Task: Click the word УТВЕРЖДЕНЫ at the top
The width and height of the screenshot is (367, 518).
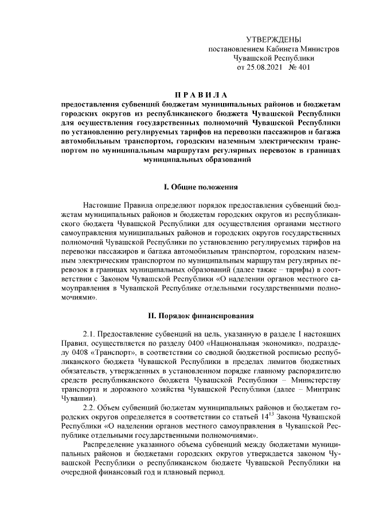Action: tap(273, 39)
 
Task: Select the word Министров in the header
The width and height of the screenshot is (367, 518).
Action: tap(319, 49)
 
